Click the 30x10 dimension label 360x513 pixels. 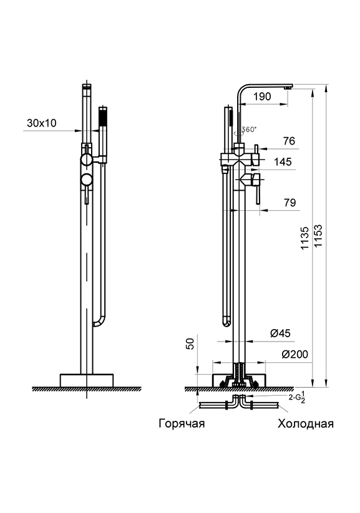[42, 123]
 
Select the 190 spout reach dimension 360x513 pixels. [262, 97]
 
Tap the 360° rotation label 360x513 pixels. [249, 129]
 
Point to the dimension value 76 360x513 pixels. [289, 141]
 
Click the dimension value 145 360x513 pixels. [283, 161]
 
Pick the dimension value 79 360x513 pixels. [289, 203]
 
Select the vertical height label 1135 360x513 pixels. [305, 238]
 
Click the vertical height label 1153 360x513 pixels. [318, 236]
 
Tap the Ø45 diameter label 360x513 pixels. [280, 333]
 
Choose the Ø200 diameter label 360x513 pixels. [295, 354]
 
